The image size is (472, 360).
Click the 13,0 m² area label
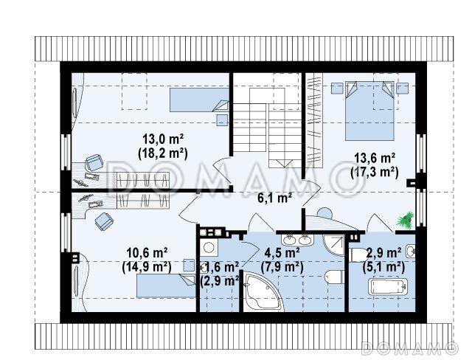tap(163, 139)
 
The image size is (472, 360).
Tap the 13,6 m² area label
tap(375, 158)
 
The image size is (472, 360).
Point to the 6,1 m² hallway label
tap(274, 198)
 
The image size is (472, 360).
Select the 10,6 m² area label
tap(147, 253)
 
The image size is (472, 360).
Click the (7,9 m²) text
tap(282, 267)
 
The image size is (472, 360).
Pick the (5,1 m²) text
tap(383, 266)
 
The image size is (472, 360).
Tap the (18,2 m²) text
tap(163, 153)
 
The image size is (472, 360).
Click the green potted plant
tap(406, 219)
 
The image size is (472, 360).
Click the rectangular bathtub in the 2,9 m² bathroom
tap(389, 287)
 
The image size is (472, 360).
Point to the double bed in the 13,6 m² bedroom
tap(369, 111)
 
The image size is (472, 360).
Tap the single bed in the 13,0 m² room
tap(199, 100)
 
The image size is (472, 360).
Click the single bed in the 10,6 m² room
tap(167, 285)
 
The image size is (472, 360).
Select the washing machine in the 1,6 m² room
tap(208, 247)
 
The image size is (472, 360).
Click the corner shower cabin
tap(333, 246)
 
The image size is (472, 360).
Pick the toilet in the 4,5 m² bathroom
tap(335, 277)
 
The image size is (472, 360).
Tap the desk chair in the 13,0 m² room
tap(94, 162)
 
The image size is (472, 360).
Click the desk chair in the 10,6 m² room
tap(104, 221)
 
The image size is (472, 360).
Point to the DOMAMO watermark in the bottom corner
tap(409, 347)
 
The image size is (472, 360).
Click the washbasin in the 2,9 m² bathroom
tap(411, 251)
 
